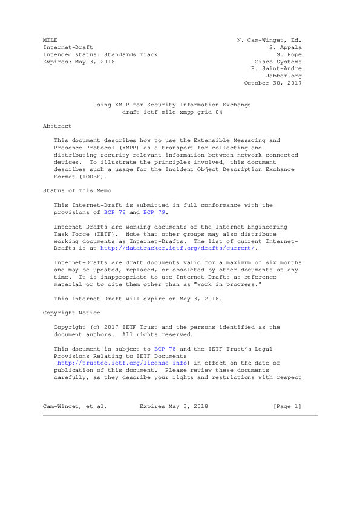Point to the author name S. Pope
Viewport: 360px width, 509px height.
[289, 54]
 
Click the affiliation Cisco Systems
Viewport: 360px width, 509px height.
[279, 62]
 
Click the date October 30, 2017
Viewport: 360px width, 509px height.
[273, 83]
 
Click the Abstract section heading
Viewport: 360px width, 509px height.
[57, 126]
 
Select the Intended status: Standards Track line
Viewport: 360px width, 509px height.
[100, 54]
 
